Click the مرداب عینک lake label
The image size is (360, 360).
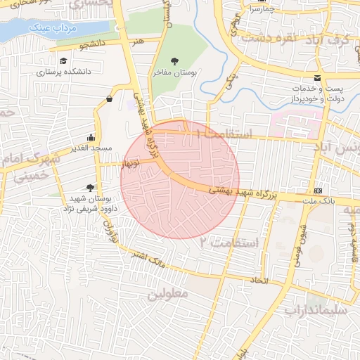[x=53, y=28]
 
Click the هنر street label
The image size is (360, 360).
[x=137, y=42]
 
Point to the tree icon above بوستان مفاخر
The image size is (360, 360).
[x=174, y=61]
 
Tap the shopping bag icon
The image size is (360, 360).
[x=109, y=99]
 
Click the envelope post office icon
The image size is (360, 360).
[x=317, y=77]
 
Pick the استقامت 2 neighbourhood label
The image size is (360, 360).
[x=229, y=242]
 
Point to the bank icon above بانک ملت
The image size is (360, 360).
[x=319, y=191]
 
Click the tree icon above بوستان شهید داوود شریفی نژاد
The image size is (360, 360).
[x=89, y=187]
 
